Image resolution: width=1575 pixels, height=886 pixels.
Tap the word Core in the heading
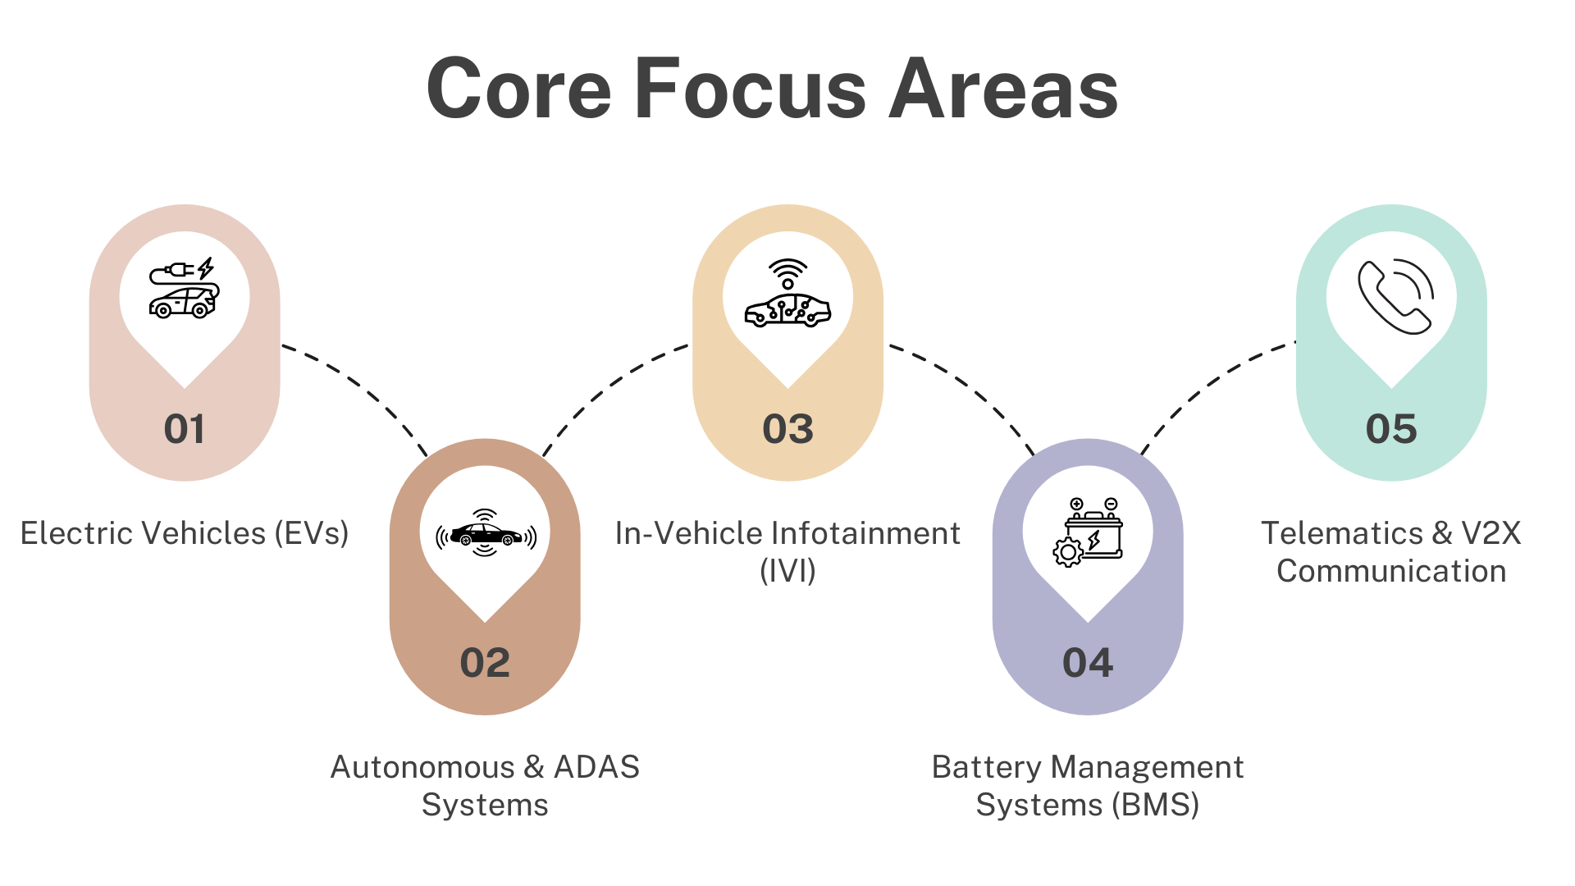coord(519,88)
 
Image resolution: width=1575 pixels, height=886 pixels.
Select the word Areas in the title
coord(1004,88)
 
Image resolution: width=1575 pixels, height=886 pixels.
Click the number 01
coord(185,429)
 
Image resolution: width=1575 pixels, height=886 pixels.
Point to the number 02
coord(485,663)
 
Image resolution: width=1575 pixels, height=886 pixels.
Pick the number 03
coord(787,429)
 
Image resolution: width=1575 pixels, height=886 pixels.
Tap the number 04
coord(1088,663)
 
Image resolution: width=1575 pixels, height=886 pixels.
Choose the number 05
coord(1391,429)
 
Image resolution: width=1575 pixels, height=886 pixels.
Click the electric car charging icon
coord(185,288)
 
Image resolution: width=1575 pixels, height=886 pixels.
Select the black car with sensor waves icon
coord(486,533)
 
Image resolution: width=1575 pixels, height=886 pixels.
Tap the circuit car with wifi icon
coord(787,293)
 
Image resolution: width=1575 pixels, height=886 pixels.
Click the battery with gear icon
coord(1088,532)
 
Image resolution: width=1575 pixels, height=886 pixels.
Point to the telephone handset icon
coord(1395,296)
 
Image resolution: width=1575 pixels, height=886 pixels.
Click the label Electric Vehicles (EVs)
coord(185,534)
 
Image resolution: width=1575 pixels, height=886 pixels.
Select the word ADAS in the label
coord(596,767)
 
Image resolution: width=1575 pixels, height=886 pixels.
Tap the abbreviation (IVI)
coord(787,571)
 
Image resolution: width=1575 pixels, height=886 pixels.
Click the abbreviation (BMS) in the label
coord(1156,805)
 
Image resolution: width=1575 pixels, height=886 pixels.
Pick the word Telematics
coord(1342,533)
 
